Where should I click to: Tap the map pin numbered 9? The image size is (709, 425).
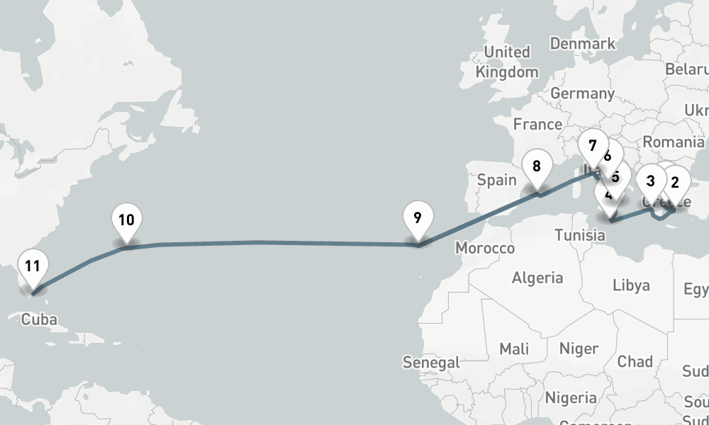coord(418,217)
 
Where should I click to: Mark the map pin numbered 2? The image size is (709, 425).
coord(675,182)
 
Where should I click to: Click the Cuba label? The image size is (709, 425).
coord(39,319)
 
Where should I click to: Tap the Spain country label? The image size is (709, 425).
coord(496,180)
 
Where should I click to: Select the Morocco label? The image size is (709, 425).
coord(485,249)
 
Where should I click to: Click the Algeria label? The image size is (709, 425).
coord(537,278)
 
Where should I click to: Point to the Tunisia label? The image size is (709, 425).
coord(579,235)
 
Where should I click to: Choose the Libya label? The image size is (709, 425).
coord(631,285)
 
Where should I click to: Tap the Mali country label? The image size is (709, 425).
coord(514,348)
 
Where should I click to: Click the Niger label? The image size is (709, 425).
coord(579,348)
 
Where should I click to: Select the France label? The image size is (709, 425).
coord(537,125)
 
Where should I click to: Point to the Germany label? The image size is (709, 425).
coord(582,93)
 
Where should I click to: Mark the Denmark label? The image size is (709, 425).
coord(583,44)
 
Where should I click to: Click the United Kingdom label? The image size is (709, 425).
coord(507,62)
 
